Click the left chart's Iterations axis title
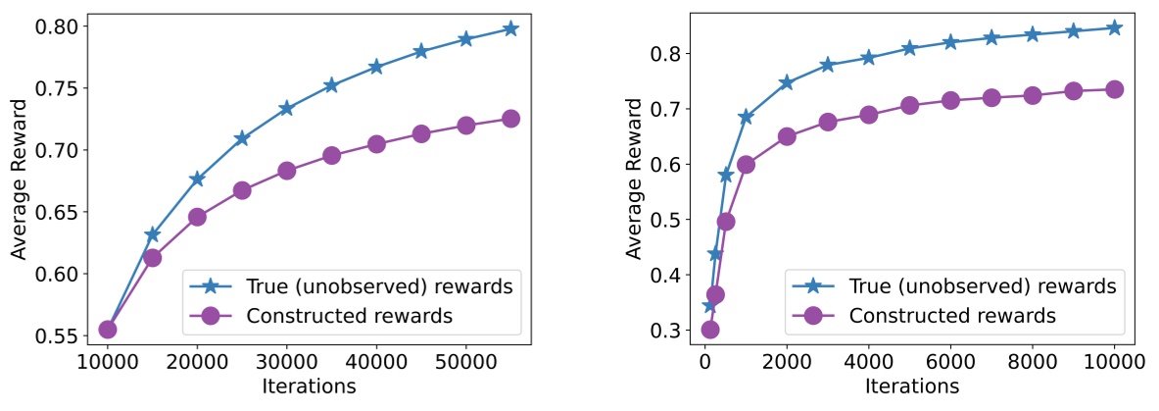[309, 386]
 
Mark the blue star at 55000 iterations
[510, 28]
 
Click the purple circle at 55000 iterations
[510, 119]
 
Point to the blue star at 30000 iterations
[286, 108]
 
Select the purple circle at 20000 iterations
[197, 217]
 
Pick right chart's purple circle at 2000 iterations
[786, 136]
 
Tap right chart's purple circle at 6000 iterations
[950, 100]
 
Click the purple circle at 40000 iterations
[376, 144]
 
